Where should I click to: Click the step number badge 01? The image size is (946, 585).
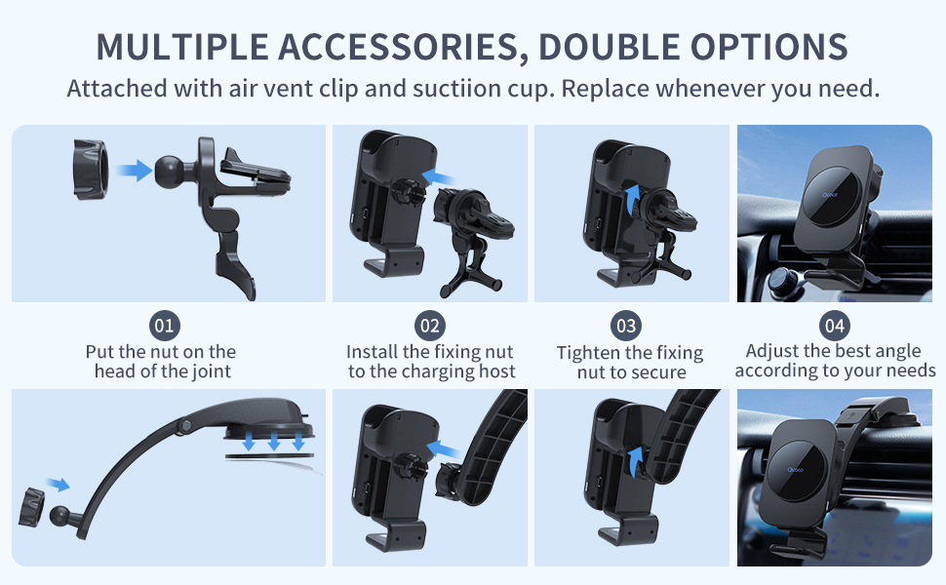165,326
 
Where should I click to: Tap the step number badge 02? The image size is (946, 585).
429,326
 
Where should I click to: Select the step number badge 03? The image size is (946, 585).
626,327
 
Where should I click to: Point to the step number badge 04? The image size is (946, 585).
835,326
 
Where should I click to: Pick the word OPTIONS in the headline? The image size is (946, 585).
769,47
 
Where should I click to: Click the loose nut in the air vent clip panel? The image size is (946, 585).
91,170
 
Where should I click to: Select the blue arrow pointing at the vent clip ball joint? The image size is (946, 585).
134,171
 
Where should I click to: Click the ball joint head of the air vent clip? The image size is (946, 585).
171,172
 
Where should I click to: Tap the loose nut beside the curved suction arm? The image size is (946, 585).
31,508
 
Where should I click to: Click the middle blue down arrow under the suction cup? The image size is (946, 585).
274,442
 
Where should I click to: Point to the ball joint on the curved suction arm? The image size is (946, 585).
59,516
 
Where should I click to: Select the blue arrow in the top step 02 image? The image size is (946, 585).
438,177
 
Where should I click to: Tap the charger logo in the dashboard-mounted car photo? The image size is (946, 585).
796,470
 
